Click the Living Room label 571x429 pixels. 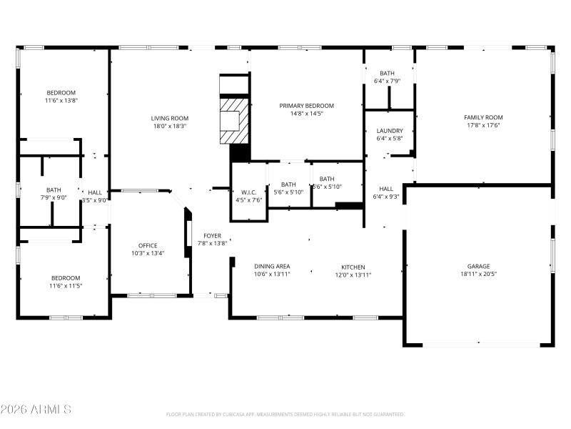[169, 118]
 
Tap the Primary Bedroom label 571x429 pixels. [306, 106]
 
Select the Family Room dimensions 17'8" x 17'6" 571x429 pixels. [483, 125]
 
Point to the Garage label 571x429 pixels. [478, 266]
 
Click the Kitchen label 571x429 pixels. [353, 266]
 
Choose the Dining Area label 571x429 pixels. [272, 266]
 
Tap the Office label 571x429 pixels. [148, 245]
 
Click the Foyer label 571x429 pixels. [212, 235]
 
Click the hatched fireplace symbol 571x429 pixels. [235, 120]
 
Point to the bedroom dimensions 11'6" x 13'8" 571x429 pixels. [61, 101]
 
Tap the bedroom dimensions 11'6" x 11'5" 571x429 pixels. [65, 286]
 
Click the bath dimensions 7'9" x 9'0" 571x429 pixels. [54, 198]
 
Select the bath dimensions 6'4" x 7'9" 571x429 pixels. [387, 81]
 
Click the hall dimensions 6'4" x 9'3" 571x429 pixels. [387, 197]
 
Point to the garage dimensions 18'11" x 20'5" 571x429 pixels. [478, 274]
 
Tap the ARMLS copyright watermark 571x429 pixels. [36, 410]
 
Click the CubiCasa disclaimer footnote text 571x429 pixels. [285, 414]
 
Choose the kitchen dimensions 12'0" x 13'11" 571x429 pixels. [353, 274]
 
